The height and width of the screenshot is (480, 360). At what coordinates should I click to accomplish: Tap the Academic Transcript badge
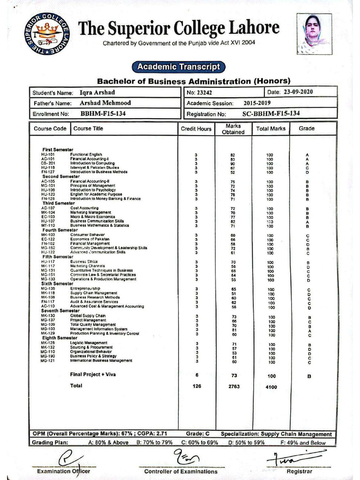[x=179, y=67]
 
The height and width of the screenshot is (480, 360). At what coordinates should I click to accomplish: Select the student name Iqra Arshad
[x=97, y=92]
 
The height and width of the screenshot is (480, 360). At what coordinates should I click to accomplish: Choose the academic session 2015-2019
[x=257, y=103]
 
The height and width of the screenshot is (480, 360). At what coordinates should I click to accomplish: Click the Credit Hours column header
[x=196, y=129]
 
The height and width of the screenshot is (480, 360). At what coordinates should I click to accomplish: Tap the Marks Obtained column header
[x=233, y=129]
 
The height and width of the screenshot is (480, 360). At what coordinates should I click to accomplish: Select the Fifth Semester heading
[x=58, y=257]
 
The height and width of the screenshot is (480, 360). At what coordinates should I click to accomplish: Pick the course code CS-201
[x=48, y=163]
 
